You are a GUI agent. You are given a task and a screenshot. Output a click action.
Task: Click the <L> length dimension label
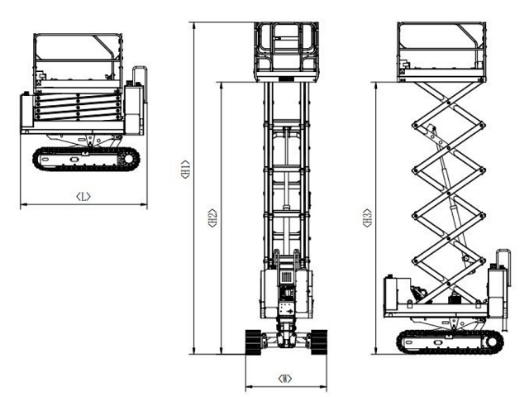pos(83,196)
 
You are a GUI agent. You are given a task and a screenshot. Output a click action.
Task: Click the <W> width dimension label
pos(285,378)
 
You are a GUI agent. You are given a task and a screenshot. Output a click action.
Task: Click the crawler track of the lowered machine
pos(83,158)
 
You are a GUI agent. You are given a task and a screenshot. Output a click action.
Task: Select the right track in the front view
pos(317,340)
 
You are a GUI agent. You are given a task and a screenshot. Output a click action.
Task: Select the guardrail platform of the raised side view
pos(441,50)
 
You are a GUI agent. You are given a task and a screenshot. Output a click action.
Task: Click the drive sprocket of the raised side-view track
pos(493,340)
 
